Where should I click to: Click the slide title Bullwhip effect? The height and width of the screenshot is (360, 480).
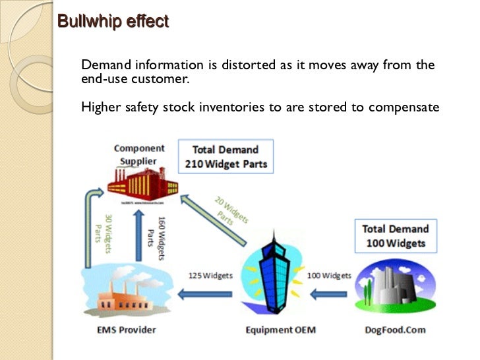(x=113, y=21)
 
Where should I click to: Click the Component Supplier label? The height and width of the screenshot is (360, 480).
(x=139, y=154)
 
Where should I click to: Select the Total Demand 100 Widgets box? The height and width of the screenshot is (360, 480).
(x=395, y=236)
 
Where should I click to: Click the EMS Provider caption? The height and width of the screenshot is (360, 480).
(x=125, y=329)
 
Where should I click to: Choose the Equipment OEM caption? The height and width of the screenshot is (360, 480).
(x=273, y=329)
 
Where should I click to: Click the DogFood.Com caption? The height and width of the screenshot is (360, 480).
(x=394, y=329)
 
